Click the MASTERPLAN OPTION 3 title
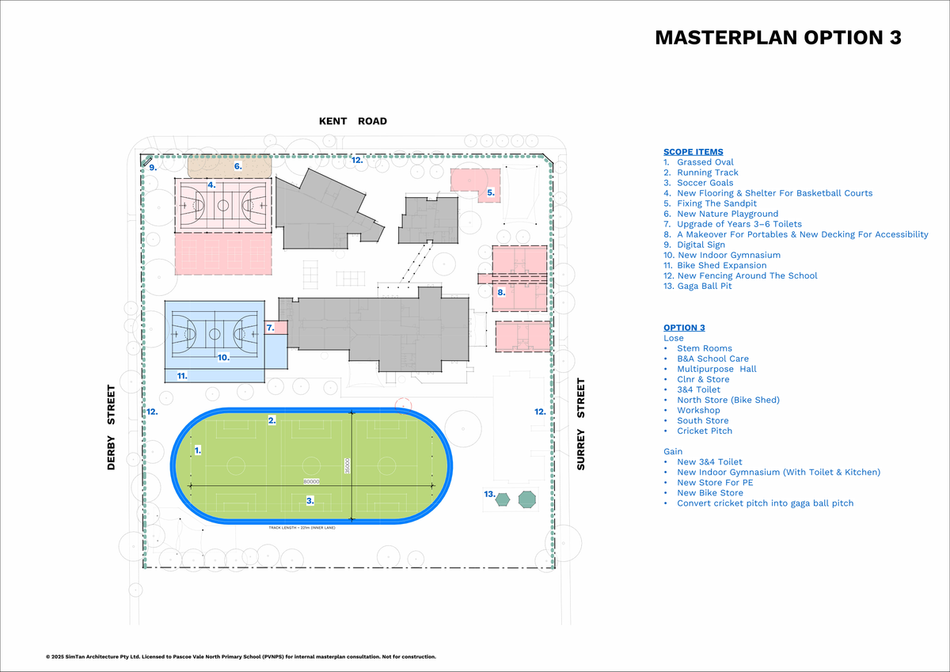coord(778,38)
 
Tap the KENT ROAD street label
coord(353,121)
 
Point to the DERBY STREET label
coord(112,427)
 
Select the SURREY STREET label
coord(581,424)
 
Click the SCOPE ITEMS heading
coord(693,152)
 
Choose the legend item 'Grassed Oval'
coord(705,162)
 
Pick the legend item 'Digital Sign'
coord(701,245)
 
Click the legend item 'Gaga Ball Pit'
coord(704,286)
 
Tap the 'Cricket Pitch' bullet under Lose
coord(705,431)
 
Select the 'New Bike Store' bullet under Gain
coord(709,492)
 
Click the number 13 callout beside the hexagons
coord(488,494)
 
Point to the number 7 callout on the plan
coord(270,327)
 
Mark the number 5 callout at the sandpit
coord(491,192)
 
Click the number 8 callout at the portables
coord(501,292)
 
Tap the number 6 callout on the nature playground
coord(237,166)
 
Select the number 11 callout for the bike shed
coord(181,376)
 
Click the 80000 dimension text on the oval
coord(312,481)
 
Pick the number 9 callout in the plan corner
coord(153,168)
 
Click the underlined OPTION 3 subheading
coord(684,328)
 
